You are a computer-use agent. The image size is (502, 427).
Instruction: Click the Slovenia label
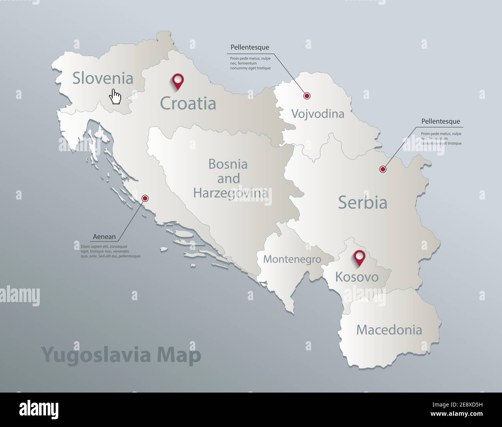click(x=103, y=79)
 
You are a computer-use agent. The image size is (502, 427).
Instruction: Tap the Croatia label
click(x=188, y=104)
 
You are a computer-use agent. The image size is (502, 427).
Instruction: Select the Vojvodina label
click(x=317, y=114)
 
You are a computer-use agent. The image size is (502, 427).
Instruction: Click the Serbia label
click(x=363, y=202)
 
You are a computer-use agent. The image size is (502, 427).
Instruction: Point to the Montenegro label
click(x=292, y=259)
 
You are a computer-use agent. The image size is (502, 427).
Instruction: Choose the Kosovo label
click(x=356, y=277)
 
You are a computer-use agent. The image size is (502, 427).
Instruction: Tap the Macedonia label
click(x=389, y=330)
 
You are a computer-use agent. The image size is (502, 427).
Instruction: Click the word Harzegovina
click(x=231, y=193)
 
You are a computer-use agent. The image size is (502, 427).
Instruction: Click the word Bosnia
click(x=228, y=164)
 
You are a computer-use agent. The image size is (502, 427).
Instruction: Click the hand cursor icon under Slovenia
click(x=115, y=96)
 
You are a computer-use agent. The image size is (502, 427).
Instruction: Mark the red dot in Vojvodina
click(x=307, y=96)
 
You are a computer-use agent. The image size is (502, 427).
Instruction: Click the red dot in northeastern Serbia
click(x=383, y=169)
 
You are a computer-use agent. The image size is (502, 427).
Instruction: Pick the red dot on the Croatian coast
click(x=145, y=198)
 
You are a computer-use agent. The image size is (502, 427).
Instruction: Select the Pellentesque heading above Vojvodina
click(x=249, y=48)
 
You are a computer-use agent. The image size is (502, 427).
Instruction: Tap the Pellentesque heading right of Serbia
click(x=441, y=121)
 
